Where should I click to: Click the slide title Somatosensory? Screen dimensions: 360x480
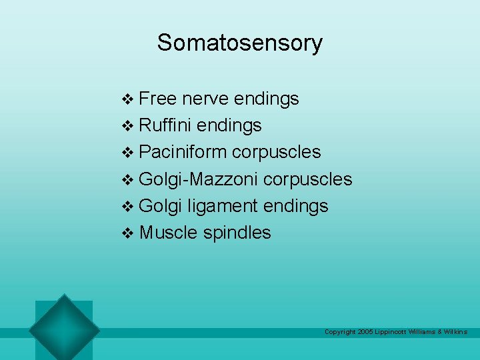(240, 43)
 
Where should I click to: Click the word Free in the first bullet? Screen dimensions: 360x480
(158, 99)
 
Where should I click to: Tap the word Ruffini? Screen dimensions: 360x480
(167, 125)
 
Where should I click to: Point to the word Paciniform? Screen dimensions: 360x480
(183, 152)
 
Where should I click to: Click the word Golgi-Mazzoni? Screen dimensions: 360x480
(199, 179)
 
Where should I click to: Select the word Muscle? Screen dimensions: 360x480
(169, 233)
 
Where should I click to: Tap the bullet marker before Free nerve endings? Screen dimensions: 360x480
(129, 100)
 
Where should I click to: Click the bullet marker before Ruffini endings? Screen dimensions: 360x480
(129, 127)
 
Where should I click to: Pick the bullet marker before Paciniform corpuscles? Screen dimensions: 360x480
(129, 153)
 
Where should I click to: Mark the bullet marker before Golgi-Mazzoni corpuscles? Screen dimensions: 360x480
(129, 180)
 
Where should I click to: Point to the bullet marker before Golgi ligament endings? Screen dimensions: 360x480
(129, 207)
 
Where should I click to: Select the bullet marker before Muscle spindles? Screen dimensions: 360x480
(129, 233)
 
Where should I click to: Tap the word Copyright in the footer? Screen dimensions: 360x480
(339, 332)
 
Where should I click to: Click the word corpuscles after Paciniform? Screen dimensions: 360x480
(277, 152)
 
